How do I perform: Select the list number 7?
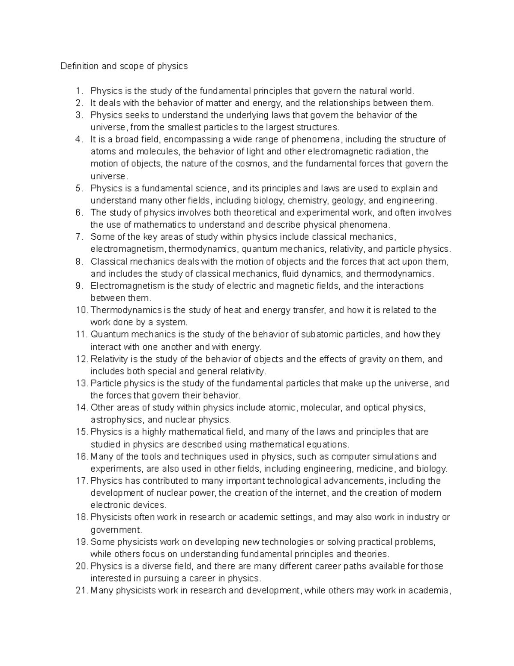pos(78,237)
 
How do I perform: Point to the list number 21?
pos(81,591)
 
